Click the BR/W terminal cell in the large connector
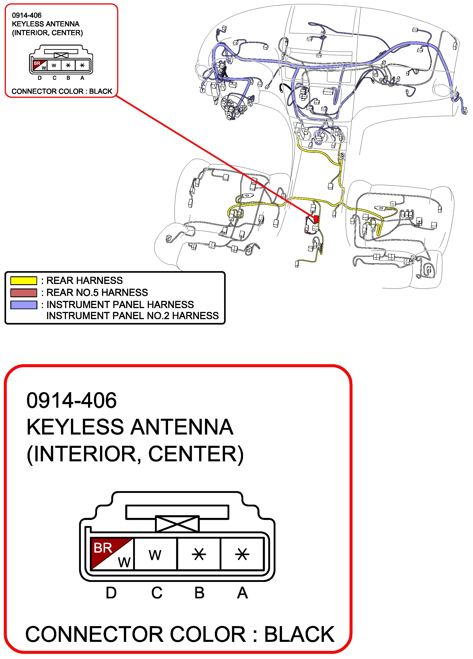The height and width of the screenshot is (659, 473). tap(112, 554)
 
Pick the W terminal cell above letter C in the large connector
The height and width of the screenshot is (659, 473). tap(155, 554)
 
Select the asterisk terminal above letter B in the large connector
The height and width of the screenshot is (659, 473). tap(199, 554)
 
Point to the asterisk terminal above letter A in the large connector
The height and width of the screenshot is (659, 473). tap(242, 554)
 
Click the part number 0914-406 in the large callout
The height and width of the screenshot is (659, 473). tap(71, 401)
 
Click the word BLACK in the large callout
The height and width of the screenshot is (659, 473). tap(299, 634)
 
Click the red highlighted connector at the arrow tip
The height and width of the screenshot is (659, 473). tap(316, 219)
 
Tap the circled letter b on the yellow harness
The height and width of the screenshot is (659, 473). tap(342, 156)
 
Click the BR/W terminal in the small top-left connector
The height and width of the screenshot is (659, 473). tap(40, 65)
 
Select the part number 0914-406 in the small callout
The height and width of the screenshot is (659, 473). tap(27, 15)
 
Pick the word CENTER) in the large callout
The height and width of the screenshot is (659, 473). tap(196, 454)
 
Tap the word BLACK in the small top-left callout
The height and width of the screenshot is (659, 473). tap(100, 92)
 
